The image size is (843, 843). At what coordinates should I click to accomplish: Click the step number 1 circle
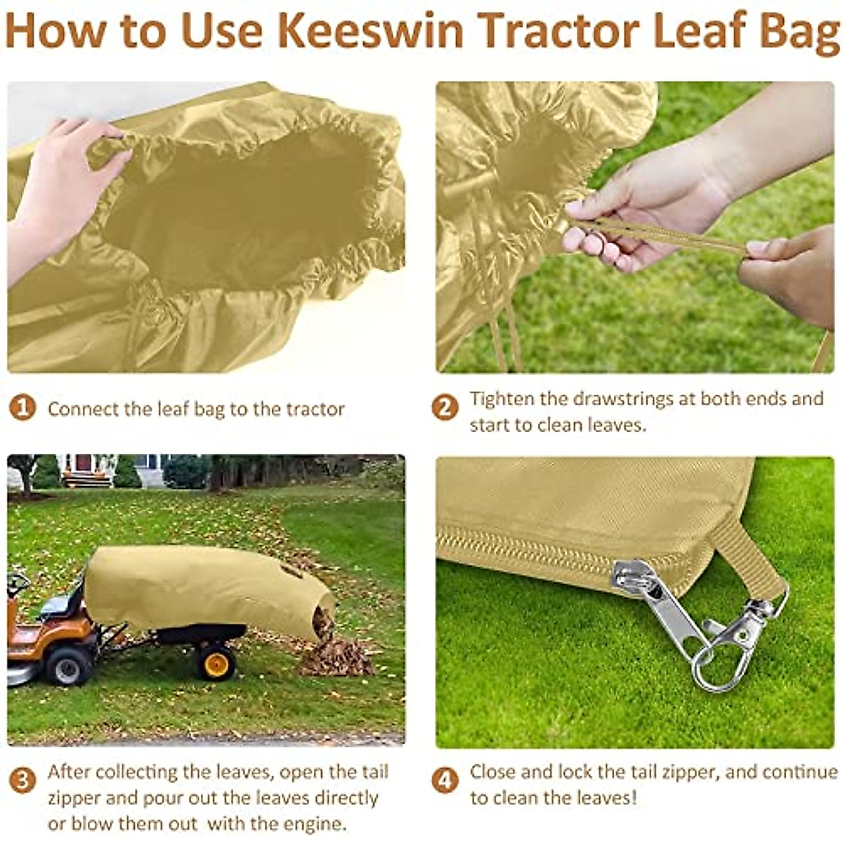tap(22, 407)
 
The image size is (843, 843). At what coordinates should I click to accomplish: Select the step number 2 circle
tap(445, 407)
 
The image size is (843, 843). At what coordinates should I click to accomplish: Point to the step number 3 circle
tap(22, 780)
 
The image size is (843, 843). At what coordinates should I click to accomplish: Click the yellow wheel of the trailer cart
tap(215, 662)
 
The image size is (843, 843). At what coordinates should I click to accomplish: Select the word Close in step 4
tap(492, 771)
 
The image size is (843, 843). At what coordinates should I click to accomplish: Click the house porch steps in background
tap(86, 478)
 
